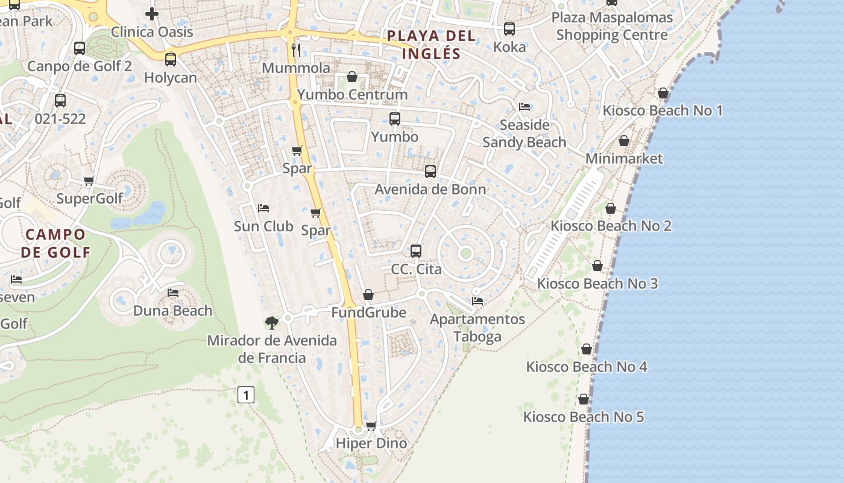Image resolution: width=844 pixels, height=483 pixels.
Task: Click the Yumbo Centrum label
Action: [352, 95]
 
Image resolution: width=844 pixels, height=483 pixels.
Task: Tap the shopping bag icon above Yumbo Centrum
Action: [352, 77]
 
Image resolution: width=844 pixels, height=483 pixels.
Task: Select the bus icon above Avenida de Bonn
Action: [430, 171]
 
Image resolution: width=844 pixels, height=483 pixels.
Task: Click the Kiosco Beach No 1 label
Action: [663, 110]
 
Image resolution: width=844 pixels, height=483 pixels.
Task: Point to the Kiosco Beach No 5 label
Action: [583, 417]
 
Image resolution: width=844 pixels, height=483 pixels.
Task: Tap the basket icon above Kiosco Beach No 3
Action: [597, 266]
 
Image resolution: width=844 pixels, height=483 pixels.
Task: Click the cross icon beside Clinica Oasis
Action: [152, 13]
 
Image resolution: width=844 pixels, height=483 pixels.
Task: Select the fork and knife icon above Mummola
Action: [296, 50]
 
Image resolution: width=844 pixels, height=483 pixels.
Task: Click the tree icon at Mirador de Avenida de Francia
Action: [272, 322]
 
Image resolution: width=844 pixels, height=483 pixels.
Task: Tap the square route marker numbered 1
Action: [246, 395]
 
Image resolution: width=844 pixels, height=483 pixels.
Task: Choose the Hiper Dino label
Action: [371, 443]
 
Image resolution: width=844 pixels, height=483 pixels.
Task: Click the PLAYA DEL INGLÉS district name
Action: [431, 44]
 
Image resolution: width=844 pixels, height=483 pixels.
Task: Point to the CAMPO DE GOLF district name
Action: [55, 243]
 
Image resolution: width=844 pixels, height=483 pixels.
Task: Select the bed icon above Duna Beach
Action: [173, 293]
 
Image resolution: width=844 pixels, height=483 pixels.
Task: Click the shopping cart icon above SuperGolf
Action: [89, 181]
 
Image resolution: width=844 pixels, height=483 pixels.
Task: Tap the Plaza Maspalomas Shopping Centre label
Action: [612, 26]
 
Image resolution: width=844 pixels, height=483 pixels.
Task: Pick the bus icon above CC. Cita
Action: [416, 251]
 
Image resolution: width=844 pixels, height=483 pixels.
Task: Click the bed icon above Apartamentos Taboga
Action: [477, 301]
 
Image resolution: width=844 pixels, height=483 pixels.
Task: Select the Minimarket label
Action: [624, 159]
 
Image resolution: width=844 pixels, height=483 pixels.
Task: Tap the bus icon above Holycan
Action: [171, 60]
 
